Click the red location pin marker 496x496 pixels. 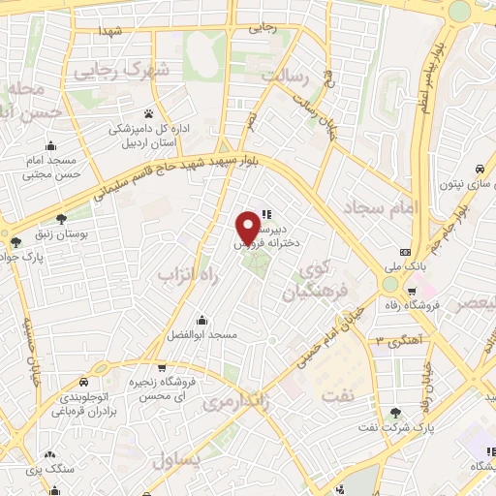(249, 228)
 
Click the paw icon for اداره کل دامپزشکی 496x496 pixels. (148, 113)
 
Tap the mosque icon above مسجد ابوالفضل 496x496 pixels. (201, 320)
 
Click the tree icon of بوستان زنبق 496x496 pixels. (62, 219)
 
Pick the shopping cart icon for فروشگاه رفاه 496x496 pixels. (413, 291)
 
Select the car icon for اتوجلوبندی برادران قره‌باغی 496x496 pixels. (99, 369)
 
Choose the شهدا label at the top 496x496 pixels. (109, 30)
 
